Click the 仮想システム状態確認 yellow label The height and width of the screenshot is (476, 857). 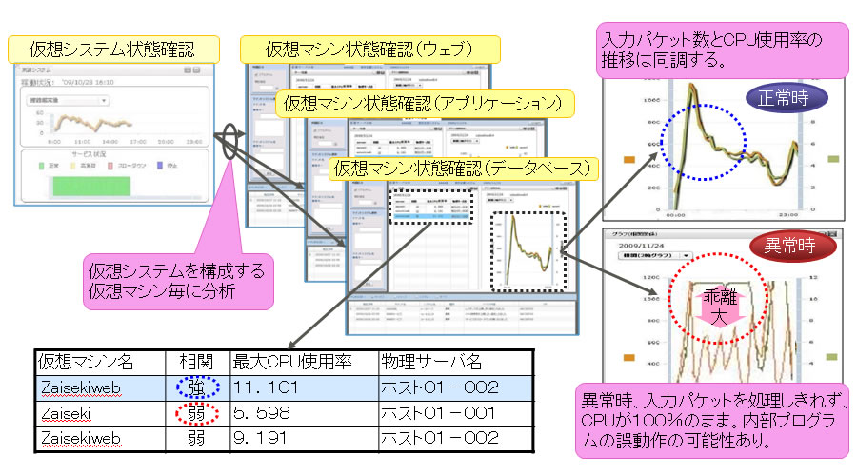(x=113, y=47)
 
